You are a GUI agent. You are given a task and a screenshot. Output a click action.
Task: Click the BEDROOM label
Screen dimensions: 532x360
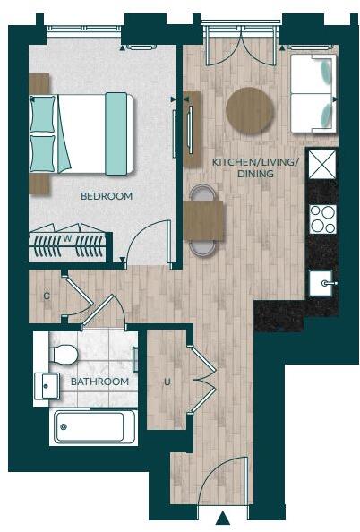coord(107,195)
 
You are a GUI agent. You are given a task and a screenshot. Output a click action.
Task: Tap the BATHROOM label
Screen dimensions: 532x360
coord(100,381)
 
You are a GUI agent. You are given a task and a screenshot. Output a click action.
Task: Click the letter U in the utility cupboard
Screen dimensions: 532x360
coord(167,382)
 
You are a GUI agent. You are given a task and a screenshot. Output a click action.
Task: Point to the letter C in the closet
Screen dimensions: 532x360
coord(46,293)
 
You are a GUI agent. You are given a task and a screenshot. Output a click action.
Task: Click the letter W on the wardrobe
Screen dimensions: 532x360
coord(67,238)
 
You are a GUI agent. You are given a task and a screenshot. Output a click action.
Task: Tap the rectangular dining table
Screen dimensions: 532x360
coord(203,219)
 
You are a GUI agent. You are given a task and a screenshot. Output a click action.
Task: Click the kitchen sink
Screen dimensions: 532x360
coord(322,283)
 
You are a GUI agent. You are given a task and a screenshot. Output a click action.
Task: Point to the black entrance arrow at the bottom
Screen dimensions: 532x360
coord(223,518)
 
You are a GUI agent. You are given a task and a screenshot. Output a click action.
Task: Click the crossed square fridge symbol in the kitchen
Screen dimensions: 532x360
coord(321,164)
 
